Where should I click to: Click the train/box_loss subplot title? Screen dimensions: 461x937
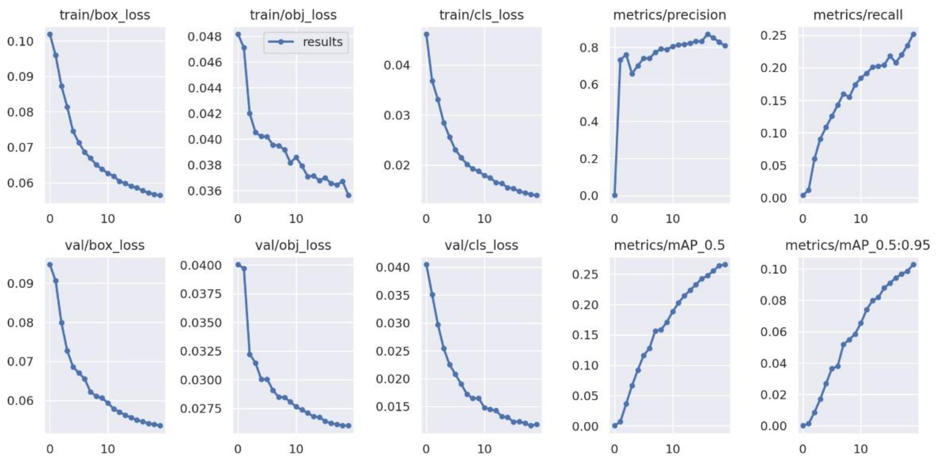(105, 15)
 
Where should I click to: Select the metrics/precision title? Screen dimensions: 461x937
(669, 15)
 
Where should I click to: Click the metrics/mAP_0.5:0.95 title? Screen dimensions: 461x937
(857, 245)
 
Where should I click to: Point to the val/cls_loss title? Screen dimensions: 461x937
(481, 245)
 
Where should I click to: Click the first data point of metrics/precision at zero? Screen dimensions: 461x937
(615, 195)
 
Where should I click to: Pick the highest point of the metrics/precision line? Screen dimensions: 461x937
(708, 35)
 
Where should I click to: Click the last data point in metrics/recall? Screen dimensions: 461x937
(913, 34)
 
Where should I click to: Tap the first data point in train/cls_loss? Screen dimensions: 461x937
(427, 34)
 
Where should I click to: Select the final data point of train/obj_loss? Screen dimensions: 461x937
(348, 195)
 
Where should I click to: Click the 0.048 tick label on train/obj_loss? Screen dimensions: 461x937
(205, 37)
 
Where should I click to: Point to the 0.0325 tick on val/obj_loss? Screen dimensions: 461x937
(201, 351)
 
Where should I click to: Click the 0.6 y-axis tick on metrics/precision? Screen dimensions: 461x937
(589, 85)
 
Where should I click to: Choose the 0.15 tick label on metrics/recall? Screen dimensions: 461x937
(773, 101)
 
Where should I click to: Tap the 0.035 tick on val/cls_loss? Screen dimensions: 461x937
(392, 295)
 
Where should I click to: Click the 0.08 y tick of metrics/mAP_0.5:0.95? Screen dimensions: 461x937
(773, 301)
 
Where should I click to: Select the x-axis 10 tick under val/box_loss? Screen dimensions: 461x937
(108, 449)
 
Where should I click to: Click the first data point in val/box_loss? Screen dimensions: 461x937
(50, 265)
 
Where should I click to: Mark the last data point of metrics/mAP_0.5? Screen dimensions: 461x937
(725, 265)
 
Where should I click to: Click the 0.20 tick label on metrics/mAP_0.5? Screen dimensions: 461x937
(585, 305)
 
